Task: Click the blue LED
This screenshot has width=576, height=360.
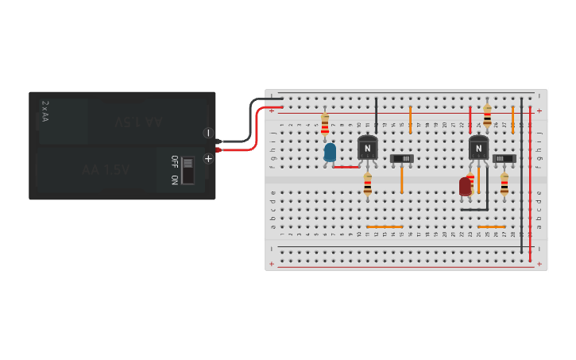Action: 330,151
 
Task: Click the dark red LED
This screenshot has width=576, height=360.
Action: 466,186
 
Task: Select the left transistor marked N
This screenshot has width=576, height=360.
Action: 367,148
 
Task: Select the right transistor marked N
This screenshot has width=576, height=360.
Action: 478,148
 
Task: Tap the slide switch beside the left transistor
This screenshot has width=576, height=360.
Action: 402,159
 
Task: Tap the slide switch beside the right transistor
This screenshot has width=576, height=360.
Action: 504,158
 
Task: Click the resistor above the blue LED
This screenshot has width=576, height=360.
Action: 325,125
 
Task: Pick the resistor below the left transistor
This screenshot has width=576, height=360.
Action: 367,184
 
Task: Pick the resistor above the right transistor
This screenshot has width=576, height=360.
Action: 487,116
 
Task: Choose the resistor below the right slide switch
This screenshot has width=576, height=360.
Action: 504,184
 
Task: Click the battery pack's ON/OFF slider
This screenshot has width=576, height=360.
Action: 188,169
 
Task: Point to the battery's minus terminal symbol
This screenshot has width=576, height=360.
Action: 208,133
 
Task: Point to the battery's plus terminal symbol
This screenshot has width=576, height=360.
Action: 208,158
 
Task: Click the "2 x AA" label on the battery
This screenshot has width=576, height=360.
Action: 45,111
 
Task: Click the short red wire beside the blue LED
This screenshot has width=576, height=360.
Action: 346,167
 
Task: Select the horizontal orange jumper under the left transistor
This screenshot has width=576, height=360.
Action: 385,226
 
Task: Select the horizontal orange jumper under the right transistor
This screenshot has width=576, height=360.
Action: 491,226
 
